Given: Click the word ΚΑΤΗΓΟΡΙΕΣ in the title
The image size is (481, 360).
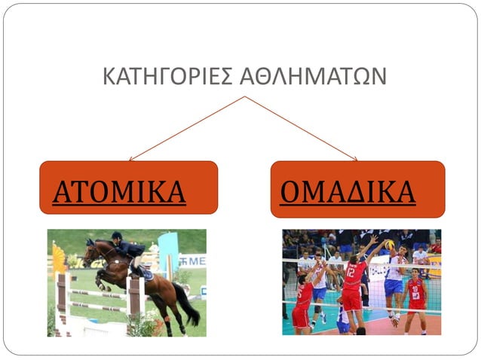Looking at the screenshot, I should tap(170, 77).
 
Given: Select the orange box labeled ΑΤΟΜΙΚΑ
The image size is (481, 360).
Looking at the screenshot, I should tap(128, 188).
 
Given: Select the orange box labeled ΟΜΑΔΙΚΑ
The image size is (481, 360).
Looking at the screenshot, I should tap(357, 189).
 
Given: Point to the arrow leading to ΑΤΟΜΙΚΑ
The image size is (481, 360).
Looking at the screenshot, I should tap(185, 129).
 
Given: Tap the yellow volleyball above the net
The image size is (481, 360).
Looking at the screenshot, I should tap(389, 245).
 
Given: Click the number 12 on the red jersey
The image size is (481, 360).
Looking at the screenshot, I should tap(351, 273).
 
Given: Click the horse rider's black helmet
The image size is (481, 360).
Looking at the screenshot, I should tap(117, 236).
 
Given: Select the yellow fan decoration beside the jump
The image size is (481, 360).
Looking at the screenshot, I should tap(57, 260).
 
